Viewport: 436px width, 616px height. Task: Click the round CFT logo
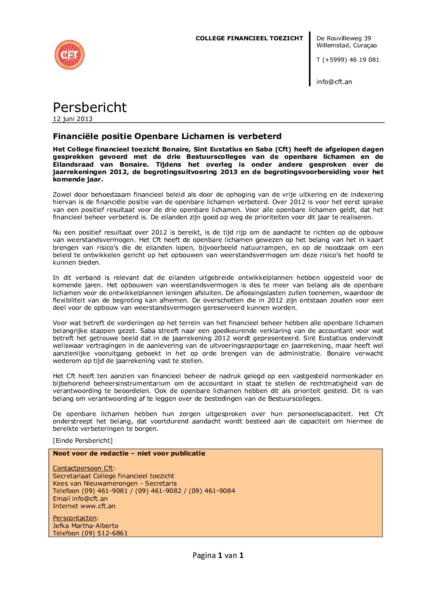[x=69, y=55]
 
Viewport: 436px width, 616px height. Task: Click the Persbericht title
[x=89, y=107]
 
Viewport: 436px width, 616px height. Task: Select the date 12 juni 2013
[x=73, y=119]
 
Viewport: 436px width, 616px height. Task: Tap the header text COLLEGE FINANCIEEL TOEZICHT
[x=249, y=38]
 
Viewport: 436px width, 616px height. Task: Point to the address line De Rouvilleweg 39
[x=344, y=38]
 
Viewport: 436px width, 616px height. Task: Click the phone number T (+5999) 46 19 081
[x=347, y=60]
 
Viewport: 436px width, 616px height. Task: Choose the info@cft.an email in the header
[x=334, y=82]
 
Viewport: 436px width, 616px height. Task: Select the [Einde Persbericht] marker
[x=82, y=441]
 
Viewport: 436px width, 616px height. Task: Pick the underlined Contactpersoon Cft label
[x=83, y=468]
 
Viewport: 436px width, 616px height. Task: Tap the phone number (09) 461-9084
[x=212, y=491]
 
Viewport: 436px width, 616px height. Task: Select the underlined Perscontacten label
[x=75, y=518]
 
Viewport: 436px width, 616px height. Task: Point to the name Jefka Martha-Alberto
[x=85, y=526]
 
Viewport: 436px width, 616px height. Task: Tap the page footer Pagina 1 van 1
[x=218, y=556]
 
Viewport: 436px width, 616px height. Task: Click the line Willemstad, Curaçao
[x=346, y=46]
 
